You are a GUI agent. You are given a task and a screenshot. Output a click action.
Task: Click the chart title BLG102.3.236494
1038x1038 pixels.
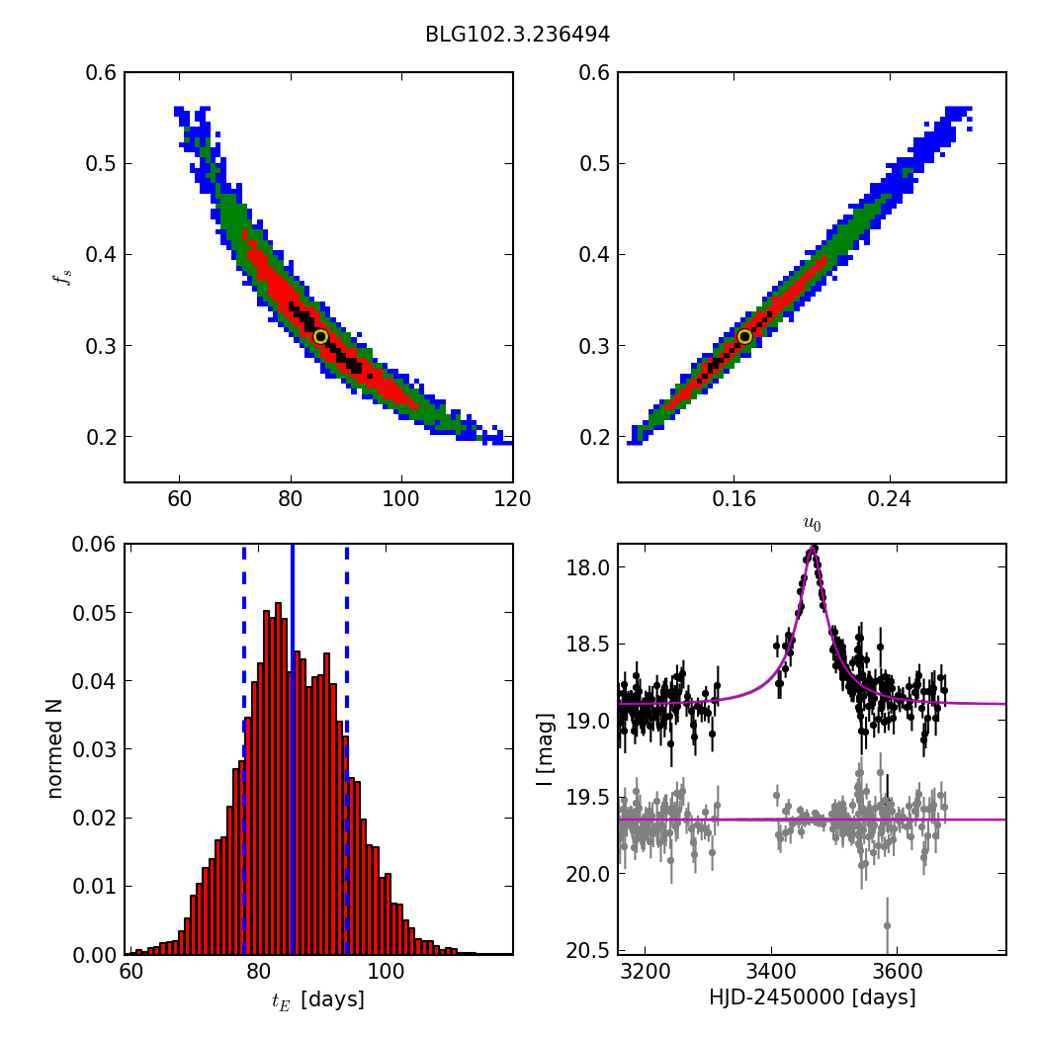coord(517,35)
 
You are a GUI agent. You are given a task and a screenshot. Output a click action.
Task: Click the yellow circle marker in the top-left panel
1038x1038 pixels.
coord(320,337)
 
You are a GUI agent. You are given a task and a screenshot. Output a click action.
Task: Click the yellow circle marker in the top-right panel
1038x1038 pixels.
coord(744,337)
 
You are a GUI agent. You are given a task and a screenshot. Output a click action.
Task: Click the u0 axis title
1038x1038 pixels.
coord(812,525)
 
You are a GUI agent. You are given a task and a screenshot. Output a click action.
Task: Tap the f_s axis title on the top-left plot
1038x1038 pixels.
coord(60,277)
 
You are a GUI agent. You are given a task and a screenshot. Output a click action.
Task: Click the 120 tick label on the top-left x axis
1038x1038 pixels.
coord(512,499)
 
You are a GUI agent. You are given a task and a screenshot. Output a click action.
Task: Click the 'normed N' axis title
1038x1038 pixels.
coord(55,748)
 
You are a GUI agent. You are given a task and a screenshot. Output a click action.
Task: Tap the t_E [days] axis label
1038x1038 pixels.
coord(317,999)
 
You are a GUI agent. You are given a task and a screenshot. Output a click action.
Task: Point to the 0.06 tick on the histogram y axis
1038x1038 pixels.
coord(95,545)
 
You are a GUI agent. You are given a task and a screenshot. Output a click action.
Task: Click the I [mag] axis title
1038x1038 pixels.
coord(545,748)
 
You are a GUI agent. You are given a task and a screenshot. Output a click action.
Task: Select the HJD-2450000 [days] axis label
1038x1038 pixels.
coord(812,997)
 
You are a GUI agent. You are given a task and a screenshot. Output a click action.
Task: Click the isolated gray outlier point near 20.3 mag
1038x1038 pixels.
coord(887,925)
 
